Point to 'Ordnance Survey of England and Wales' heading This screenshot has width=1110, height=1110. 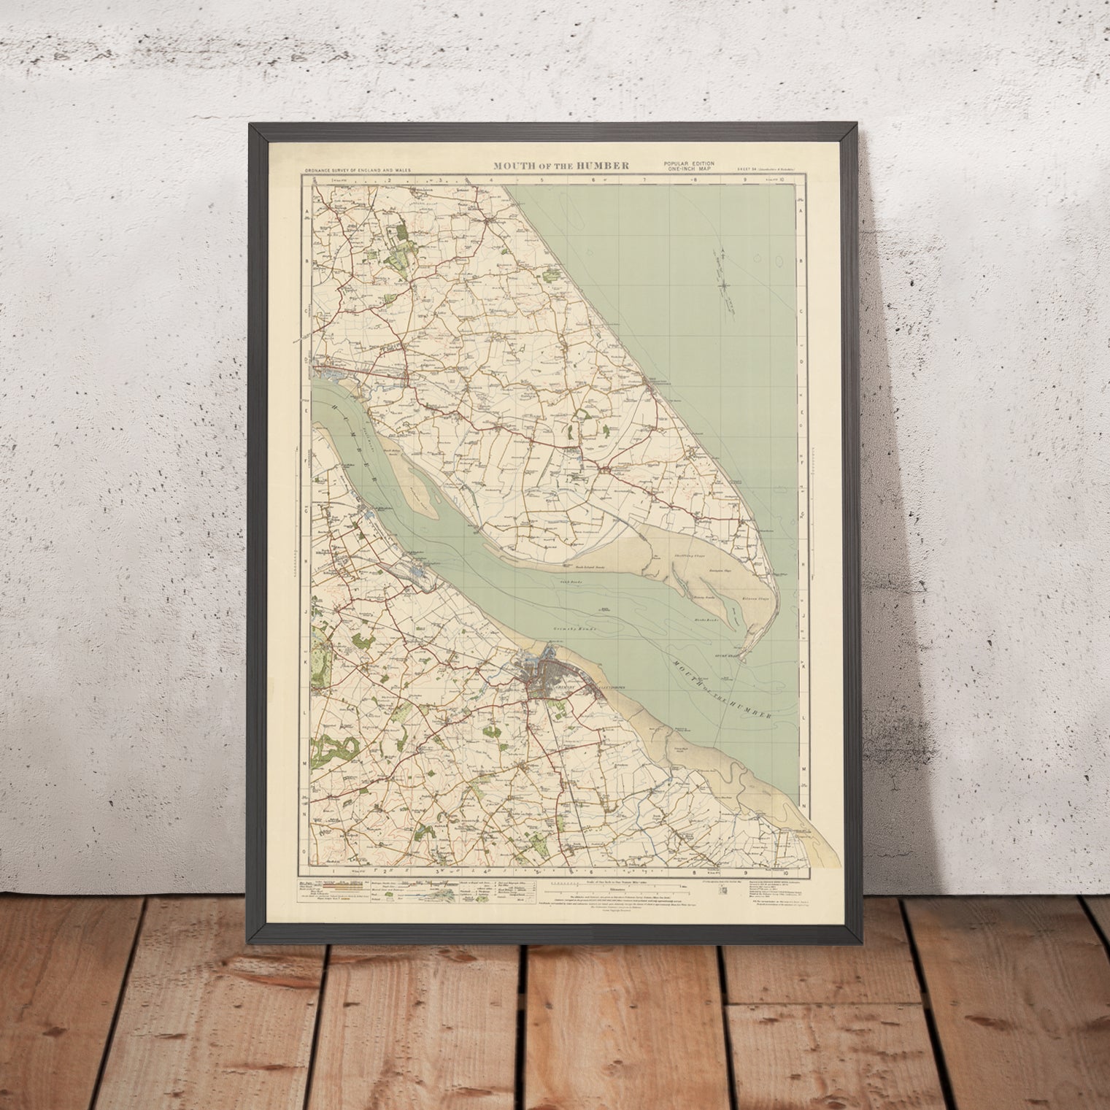(358, 170)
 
